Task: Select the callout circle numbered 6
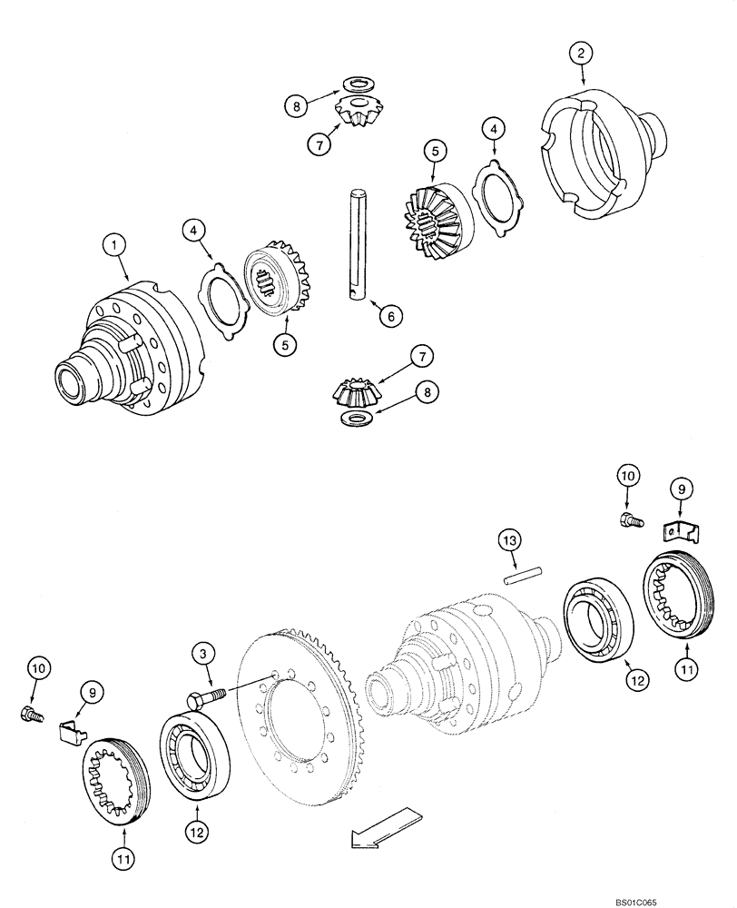(x=388, y=316)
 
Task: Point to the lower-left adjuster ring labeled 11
(x=116, y=782)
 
